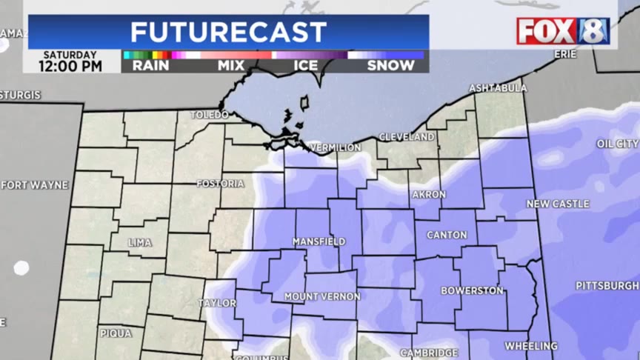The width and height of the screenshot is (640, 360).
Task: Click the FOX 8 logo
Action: pyautogui.click(x=563, y=31)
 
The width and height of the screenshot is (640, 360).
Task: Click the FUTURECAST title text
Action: pyautogui.click(x=228, y=33)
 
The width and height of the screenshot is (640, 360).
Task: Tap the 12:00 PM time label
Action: pyautogui.click(x=72, y=67)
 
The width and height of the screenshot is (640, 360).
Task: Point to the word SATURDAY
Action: pyautogui.click(x=70, y=55)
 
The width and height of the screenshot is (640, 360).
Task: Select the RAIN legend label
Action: pyautogui.click(x=150, y=66)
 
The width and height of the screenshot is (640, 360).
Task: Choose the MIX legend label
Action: pyautogui.click(x=231, y=66)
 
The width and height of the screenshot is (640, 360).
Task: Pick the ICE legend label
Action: pyautogui.click(x=307, y=66)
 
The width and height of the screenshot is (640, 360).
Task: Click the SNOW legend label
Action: pyautogui.click(x=391, y=66)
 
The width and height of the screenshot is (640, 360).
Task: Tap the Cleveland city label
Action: pyautogui.click(x=407, y=137)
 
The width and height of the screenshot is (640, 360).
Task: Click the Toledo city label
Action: pyautogui.click(x=210, y=115)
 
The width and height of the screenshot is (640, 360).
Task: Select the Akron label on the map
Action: pyautogui.click(x=429, y=195)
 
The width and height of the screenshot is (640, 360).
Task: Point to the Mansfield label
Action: pyautogui.click(x=319, y=241)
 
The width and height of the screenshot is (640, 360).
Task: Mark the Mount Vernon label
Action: pyautogui.click(x=322, y=296)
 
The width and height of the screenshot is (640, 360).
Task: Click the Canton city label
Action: pyautogui.click(x=447, y=235)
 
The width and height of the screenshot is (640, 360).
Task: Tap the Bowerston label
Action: pyautogui.click(x=472, y=290)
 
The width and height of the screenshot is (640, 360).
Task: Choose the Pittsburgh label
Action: pyautogui.click(x=607, y=285)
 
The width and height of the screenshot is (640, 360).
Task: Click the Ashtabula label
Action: pyautogui.click(x=498, y=88)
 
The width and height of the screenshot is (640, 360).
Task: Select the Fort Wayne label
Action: pyautogui.click(x=35, y=184)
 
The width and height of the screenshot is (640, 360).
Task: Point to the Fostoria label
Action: pyautogui.click(x=220, y=183)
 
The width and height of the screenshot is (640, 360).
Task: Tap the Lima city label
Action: pyautogui.click(x=139, y=242)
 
